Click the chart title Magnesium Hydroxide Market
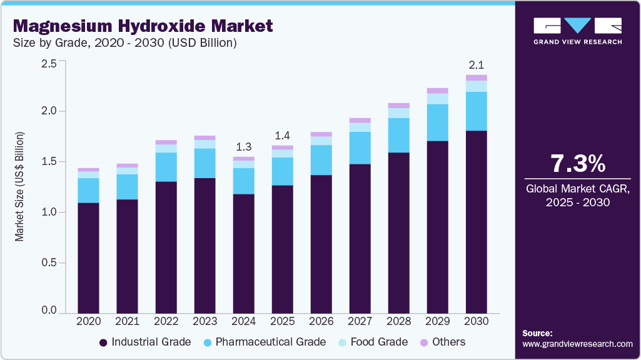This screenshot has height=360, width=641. (x=143, y=26)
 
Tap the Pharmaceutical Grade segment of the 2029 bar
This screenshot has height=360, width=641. (x=438, y=122)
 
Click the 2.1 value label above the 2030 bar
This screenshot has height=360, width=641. (x=477, y=65)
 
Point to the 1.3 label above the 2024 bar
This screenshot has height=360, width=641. (x=244, y=147)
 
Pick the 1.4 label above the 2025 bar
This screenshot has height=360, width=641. (x=283, y=136)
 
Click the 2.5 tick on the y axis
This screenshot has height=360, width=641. (x=49, y=63)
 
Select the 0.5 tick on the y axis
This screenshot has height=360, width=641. (x=49, y=263)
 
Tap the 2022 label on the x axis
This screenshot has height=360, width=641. (x=166, y=321)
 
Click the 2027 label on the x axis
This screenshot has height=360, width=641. (x=360, y=321)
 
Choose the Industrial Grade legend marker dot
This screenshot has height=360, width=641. (x=103, y=342)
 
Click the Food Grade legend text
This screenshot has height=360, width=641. (x=379, y=342)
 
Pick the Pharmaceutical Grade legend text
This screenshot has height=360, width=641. (x=271, y=342)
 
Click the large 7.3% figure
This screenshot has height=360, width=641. (x=577, y=164)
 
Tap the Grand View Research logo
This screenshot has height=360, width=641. (x=577, y=31)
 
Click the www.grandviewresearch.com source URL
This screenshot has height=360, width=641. (x=577, y=344)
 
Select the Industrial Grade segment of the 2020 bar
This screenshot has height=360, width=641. (x=89, y=257)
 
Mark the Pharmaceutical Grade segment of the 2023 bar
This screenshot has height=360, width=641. (x=205, y=163)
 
